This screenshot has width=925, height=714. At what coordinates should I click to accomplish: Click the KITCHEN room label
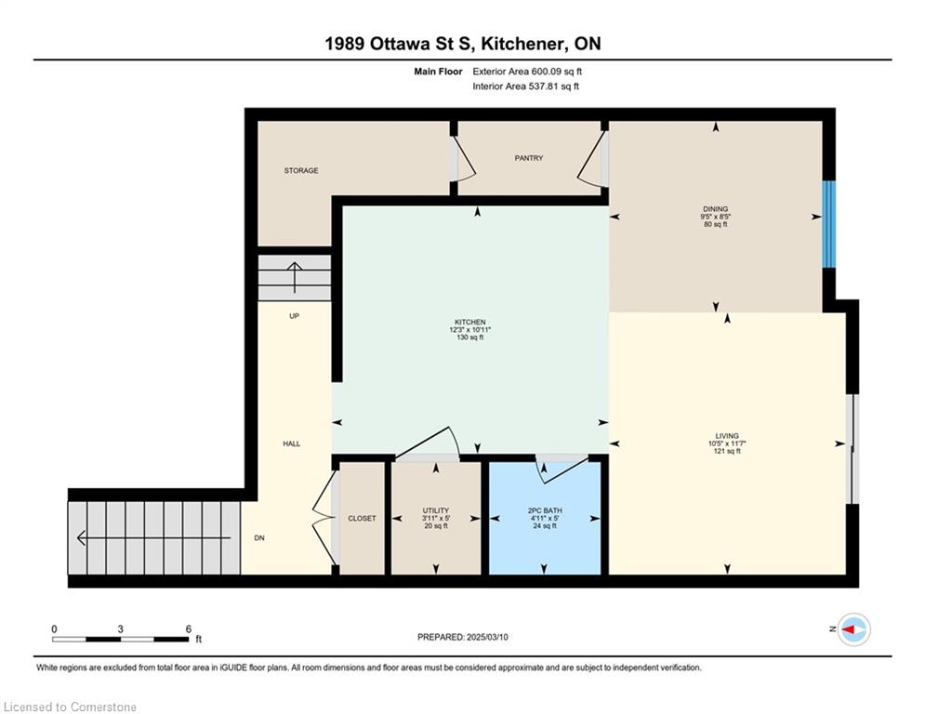coord(470,323)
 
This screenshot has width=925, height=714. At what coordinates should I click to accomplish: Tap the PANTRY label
coord(529,158)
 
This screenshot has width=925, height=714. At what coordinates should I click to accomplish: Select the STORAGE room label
coord(301,170)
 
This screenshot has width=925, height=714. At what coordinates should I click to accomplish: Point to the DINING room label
coord(715,209)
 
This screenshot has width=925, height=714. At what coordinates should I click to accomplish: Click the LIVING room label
coord(727,436)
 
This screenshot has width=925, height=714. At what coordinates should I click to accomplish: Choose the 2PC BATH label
coord(545,510)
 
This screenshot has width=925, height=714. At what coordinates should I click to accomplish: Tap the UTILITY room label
coord(435,510)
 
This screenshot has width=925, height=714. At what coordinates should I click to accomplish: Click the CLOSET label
coord(362,518)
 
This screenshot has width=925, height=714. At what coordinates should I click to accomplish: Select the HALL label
coord(291,443)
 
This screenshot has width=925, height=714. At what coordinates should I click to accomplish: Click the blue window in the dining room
coord(829,224)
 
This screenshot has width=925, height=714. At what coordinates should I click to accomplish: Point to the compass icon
coord(853,629)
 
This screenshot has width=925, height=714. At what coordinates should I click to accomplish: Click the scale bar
coord(120,639)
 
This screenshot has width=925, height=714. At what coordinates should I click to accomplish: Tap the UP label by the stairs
coord(294,316)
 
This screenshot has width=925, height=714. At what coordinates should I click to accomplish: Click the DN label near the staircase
coord(259,538)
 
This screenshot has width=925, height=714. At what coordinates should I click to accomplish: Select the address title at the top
coord(463,44)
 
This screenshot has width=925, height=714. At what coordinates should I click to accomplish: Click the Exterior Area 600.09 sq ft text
coord(527,72)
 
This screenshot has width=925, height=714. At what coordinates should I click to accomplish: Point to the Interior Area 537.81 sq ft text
coord(525,86)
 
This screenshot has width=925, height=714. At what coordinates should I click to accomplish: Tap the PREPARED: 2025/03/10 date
coord(463,637)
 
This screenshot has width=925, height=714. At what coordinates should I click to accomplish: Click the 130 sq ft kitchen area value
coord(470,337)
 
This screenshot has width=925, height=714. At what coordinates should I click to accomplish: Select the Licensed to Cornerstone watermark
coord(70,707)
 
